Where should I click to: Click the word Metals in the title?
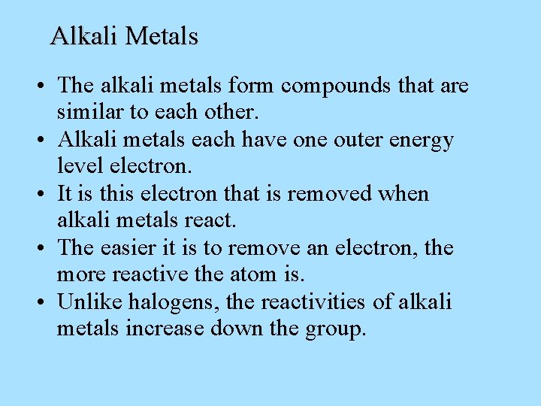[x=162, y=36]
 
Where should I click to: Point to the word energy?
[x=418, y=141]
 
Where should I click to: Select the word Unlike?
[x=89, y=302]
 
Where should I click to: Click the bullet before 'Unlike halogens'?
[x=38, y=303]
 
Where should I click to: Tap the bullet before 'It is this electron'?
[x=38, y=195]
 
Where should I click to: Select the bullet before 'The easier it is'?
[x=38, y=249]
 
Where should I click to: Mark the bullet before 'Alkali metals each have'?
[x=38, y=141]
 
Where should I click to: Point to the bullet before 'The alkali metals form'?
[x=38, y=86]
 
